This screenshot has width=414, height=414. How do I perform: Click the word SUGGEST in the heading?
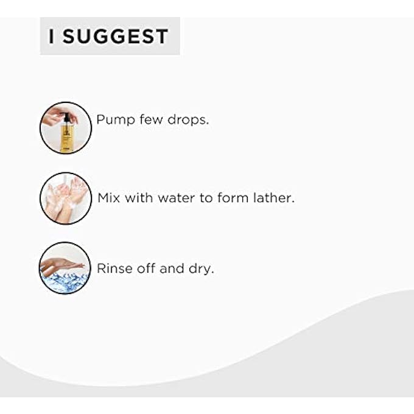coord(115,36)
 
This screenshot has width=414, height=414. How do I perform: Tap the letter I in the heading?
coord(52,36)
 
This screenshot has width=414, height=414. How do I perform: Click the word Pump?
coord(116,120)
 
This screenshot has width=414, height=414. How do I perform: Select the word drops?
coord(188,119)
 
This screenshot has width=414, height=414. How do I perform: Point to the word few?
coord(151,119)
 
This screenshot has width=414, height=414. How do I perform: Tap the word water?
coord(177,198)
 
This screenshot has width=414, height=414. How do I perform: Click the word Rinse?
coord(115,268)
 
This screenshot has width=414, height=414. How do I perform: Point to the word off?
coord(146,268)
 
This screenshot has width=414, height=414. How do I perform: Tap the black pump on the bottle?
coord(66,118)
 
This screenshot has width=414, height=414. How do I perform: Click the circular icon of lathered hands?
coord(66,198)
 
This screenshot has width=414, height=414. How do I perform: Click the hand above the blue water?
coord(62,265)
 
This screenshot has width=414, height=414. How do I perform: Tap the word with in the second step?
coord(139,198)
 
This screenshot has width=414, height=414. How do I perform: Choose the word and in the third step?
coord(172,268)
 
